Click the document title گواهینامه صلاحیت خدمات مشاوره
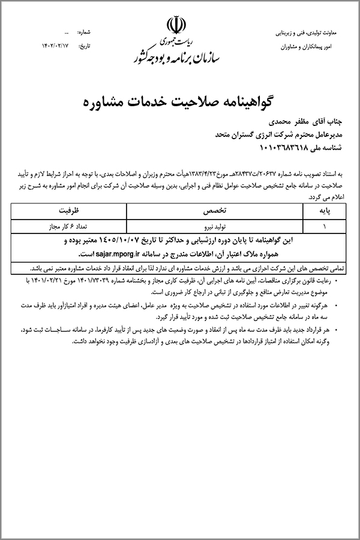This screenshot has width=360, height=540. click(180, 100)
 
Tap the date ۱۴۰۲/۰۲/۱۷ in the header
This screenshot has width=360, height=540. click(63, 44)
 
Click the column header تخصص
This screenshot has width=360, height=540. click(223, 212)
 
